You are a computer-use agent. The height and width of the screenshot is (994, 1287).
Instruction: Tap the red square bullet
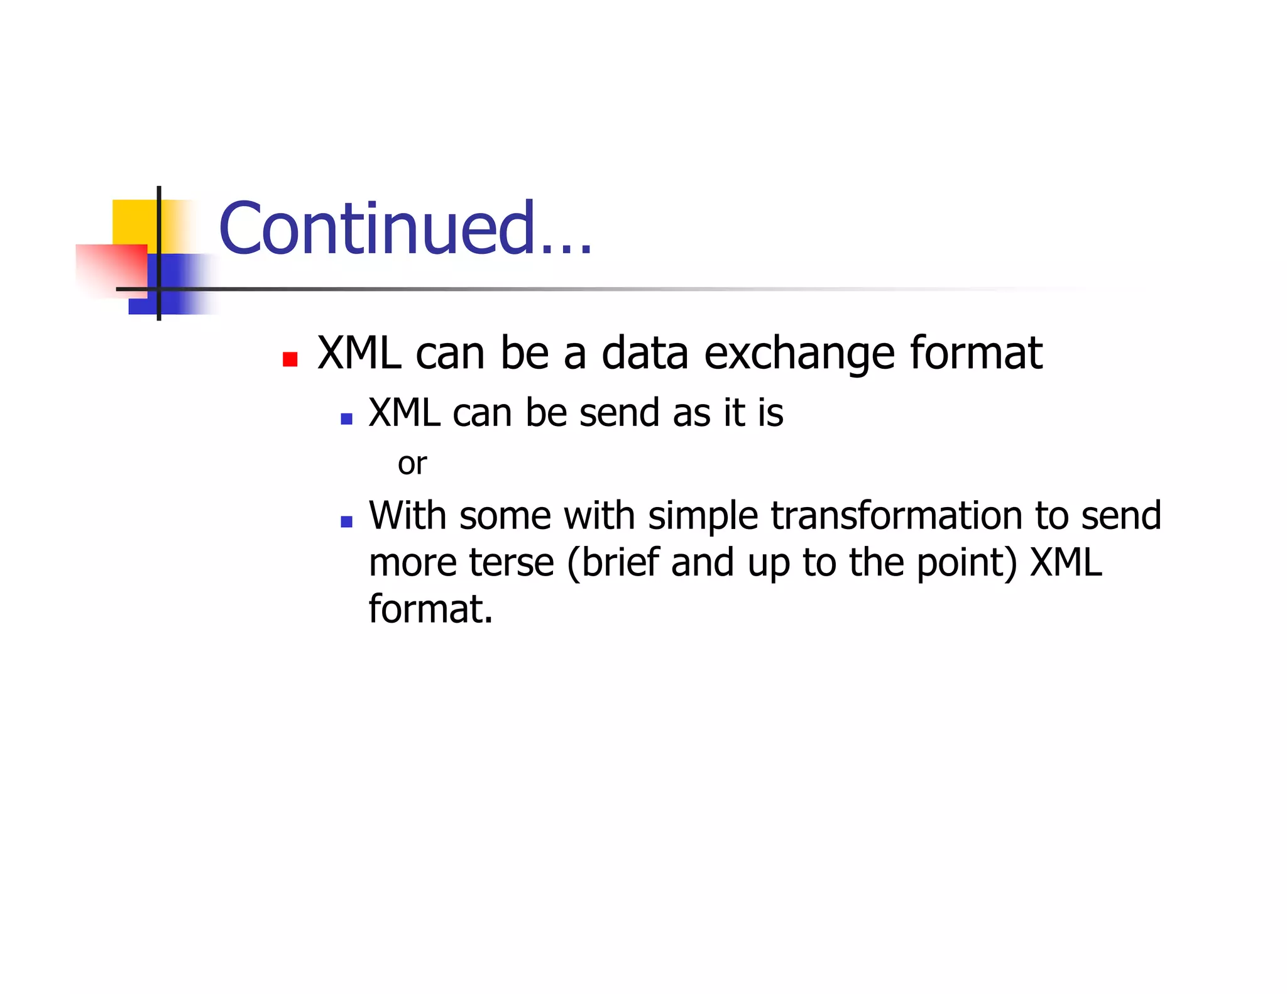tap(290, 359)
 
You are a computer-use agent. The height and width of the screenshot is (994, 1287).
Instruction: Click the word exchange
tap(799, 354)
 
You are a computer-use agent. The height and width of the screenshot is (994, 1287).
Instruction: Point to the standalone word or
tap(412, 464)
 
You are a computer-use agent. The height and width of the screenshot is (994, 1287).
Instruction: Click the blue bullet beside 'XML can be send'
tap(346, 418)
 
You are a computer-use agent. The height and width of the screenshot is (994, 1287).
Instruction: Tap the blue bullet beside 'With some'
tap(346, 521)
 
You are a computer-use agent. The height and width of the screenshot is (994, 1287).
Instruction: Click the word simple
tap(703, 517)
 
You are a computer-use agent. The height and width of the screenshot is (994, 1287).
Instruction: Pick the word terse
tap(512, 562)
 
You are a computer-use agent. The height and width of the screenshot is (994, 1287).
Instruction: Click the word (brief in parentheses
tap(613, 562)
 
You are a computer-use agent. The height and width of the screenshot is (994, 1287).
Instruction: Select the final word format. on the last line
tap(430, 609)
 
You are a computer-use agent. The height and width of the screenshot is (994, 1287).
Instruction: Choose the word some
tap(505, 516)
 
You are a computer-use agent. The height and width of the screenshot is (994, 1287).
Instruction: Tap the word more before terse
tap(412, 562)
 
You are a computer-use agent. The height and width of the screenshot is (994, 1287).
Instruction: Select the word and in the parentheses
tap(703, 562)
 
